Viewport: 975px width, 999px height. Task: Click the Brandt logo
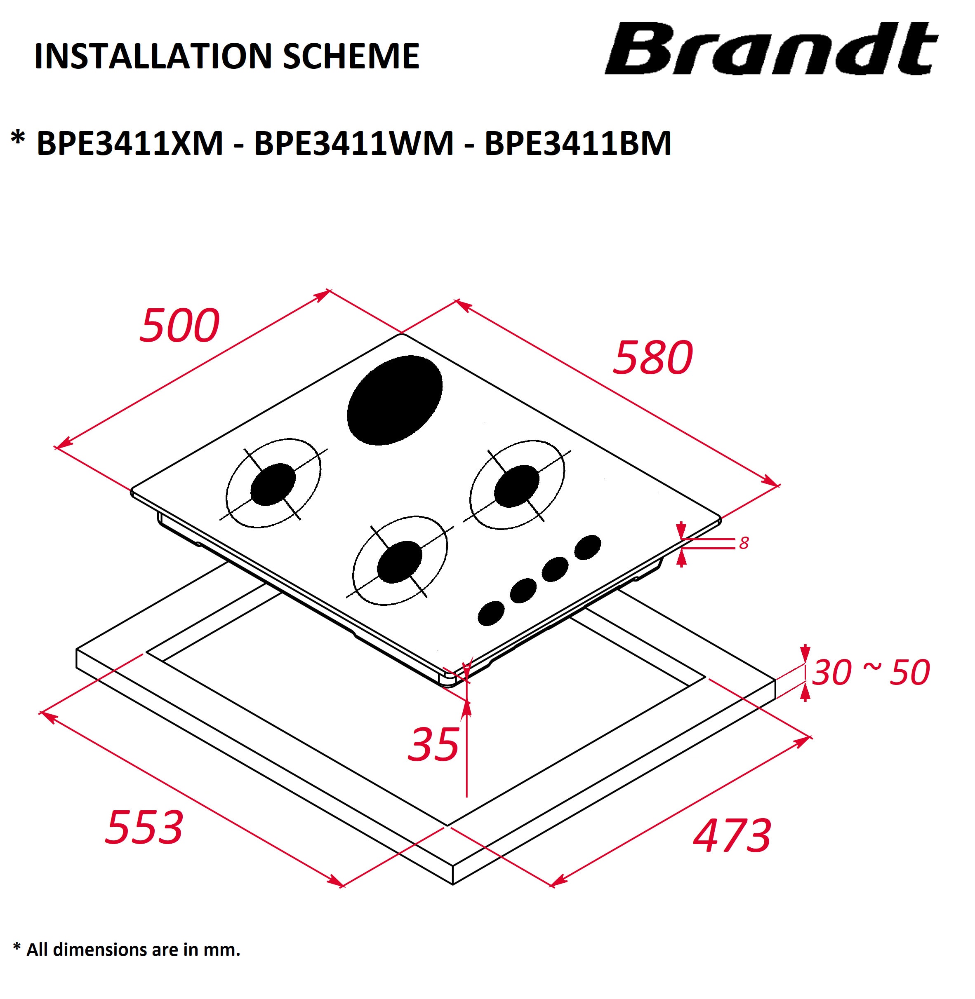(x=771, y=49)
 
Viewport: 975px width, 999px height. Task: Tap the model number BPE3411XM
(x=130, y=143)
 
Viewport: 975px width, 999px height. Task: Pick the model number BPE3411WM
(x=354, y=143)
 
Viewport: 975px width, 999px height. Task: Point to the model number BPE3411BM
(x=578, y=143)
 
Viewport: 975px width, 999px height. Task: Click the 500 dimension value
(x=180, y=326)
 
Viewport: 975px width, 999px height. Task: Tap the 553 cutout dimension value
(x=144, y=827)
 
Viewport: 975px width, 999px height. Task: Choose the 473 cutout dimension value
(x=732, y=836)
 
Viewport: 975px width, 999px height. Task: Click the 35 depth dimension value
(x=433, y=745)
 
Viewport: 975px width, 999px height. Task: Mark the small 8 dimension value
(x=744, y=543)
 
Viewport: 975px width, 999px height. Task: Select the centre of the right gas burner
(x=517, y=485)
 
